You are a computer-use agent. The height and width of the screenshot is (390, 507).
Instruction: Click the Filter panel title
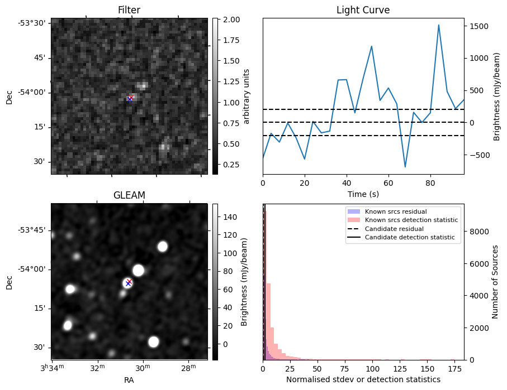click(129, 10)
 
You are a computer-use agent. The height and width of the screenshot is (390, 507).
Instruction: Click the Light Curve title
click(363, 10)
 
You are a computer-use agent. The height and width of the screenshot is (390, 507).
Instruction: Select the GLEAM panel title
click(129, 195)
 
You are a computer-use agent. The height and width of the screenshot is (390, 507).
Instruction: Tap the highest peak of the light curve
click(439, 25)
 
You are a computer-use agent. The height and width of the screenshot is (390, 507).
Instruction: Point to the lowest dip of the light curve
click(405, 167)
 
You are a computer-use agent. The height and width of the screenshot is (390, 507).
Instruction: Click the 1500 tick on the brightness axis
click(478, 26)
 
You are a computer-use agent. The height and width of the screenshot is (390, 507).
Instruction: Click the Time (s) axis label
click(363, 192)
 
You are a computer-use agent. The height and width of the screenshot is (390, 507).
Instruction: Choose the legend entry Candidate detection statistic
click(409, 238)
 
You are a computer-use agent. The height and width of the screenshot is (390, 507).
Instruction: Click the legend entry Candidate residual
click(394, 229)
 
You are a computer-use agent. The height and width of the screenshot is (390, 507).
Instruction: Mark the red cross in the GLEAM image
click(130, 281)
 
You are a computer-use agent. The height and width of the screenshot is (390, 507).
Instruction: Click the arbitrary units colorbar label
click(247, 96)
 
